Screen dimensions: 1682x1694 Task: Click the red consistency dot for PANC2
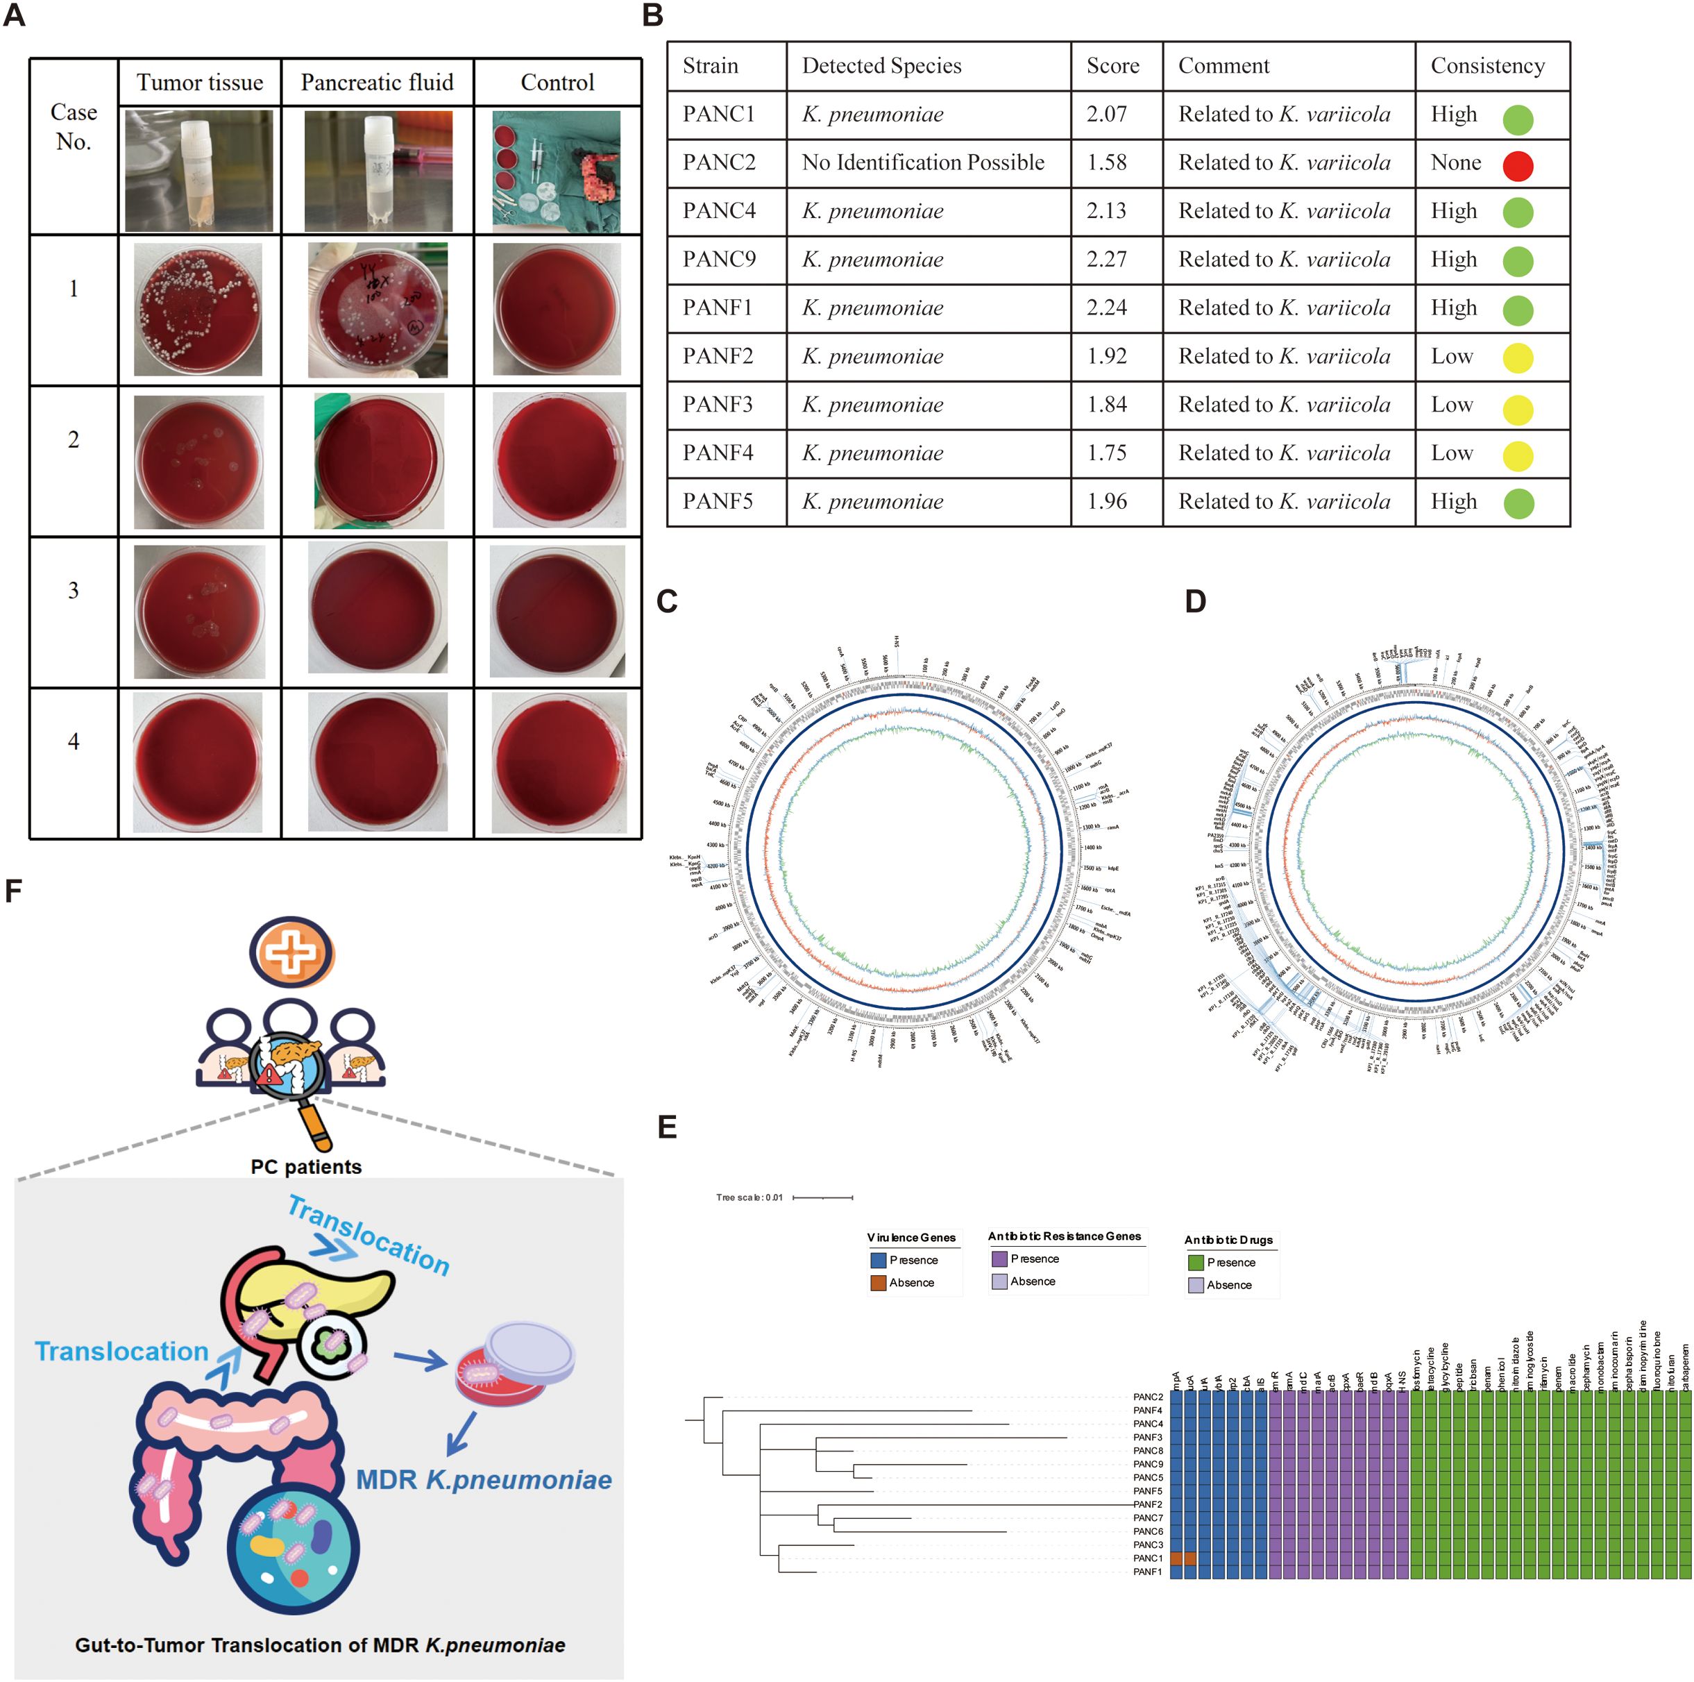[x=1517, y=165]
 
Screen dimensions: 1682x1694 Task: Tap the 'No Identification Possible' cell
[x=922, y=163]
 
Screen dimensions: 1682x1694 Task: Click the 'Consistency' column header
[x=1487, y=66]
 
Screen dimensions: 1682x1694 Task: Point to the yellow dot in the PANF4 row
[x=1517, y=455]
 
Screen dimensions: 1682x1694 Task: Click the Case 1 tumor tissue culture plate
[x=198, y=310]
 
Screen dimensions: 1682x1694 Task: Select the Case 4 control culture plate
[x=559, y=762]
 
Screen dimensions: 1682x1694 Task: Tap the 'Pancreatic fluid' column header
[x=377, y=83]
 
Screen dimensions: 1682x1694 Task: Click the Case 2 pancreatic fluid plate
[x=378, y=460]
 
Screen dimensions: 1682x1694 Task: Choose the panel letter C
[x=666, y=602]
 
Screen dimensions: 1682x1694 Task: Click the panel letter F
[x=12, y=891]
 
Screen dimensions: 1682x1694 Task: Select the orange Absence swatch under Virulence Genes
[x=878, y=1283]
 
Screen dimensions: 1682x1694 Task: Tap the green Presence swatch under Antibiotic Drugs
[x=1195, y=1263]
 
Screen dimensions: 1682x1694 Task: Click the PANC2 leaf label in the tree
[x=1147, y=1397]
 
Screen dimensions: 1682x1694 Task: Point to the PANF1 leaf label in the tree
[x=1147, y=1572]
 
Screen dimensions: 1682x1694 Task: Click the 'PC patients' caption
[x=306, y=1167]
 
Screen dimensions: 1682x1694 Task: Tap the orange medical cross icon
[x=291, y=952]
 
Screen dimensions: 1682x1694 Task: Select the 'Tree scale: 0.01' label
[x=749, y=1197]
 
